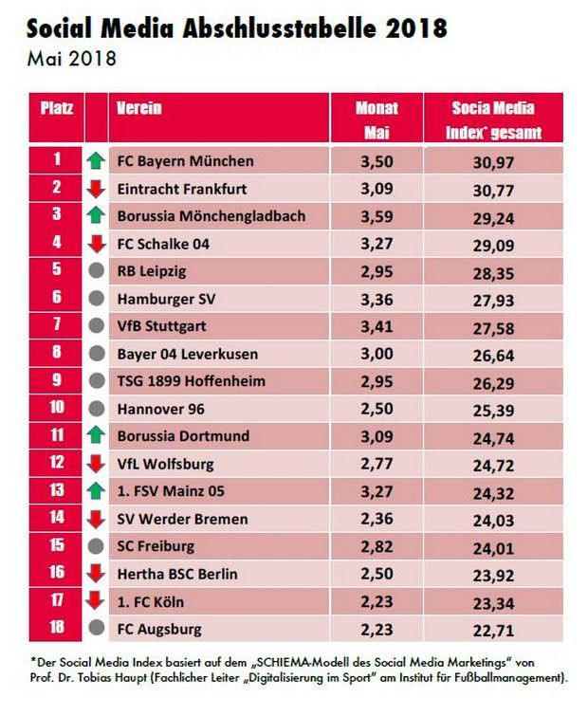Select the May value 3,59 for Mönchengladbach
377,217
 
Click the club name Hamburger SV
161,299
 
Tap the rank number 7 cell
57,326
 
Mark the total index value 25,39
493,410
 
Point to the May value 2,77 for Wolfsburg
377,465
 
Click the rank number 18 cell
57,629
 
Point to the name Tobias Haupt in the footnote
113,679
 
